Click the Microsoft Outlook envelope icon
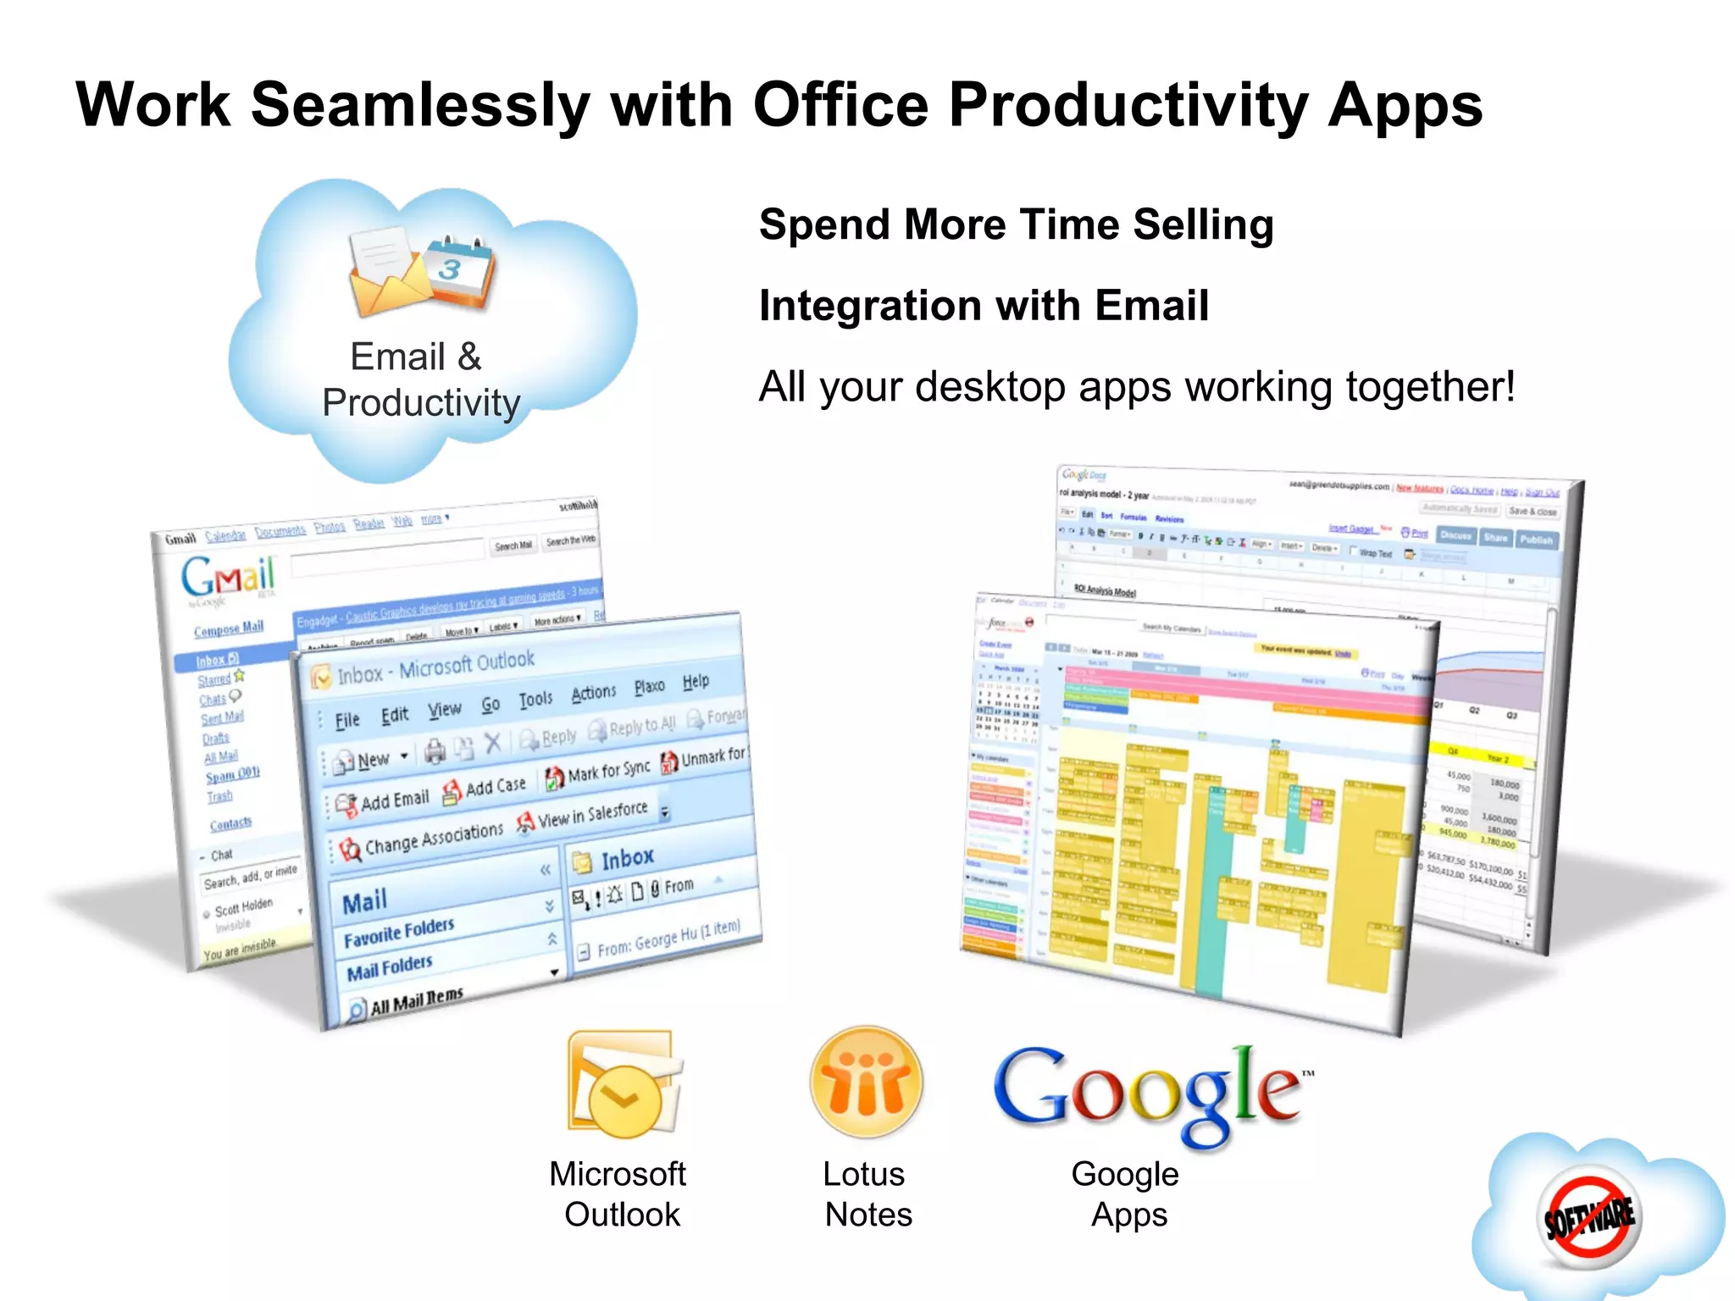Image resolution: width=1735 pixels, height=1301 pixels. coord(625,1083)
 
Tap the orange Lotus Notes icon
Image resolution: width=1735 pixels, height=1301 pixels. coord(866,1082)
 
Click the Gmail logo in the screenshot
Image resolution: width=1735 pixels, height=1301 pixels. coord(228,578)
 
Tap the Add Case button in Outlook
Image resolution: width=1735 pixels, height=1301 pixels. coord(486,788)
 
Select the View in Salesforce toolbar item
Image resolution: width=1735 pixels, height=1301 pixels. coord(585,816)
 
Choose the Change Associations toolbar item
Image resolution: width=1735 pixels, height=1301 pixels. coord(422,840)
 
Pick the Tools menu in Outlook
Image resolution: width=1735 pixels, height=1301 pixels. coord(535,699)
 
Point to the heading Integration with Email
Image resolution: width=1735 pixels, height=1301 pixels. coord(984,306)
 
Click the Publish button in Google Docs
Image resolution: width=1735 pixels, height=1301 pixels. coord(1536,540)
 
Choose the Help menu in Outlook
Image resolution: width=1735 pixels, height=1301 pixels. coord(696,681)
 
